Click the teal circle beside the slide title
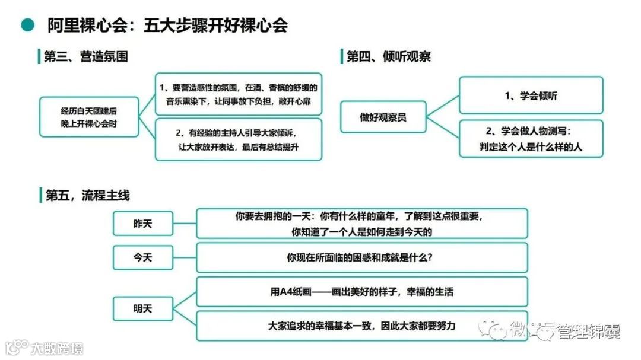pyautogui.click(x=27, y=25)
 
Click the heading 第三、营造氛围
pyautogui.click(x=85, y=57)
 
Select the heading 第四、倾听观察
pyautogui.click(x=389, y=57)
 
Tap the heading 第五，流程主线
pyautogui.click(x=87, y=195)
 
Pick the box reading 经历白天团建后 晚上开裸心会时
pyautogui.click(x=89, y=117)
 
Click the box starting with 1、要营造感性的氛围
pyautogui.click(x=238, y=94)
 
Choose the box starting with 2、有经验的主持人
pyautogui.click(x=238, y=139)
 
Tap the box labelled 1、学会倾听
pyautogui.click(x=531, y=95)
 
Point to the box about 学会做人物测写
pyautogui.click(x=531, y=139)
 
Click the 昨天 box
pyautogui.click(x=143, y=224)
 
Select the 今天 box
pyautogui.click(x=143, y=257)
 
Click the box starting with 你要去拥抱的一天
pyautogui.click(x=361, y=224)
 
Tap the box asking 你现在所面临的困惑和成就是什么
pyautogui.click(x=361, y=257)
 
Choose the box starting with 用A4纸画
pyautogui.click(x=361, y=292)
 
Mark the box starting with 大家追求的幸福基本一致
pyautogui.click(x=361, y=326)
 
